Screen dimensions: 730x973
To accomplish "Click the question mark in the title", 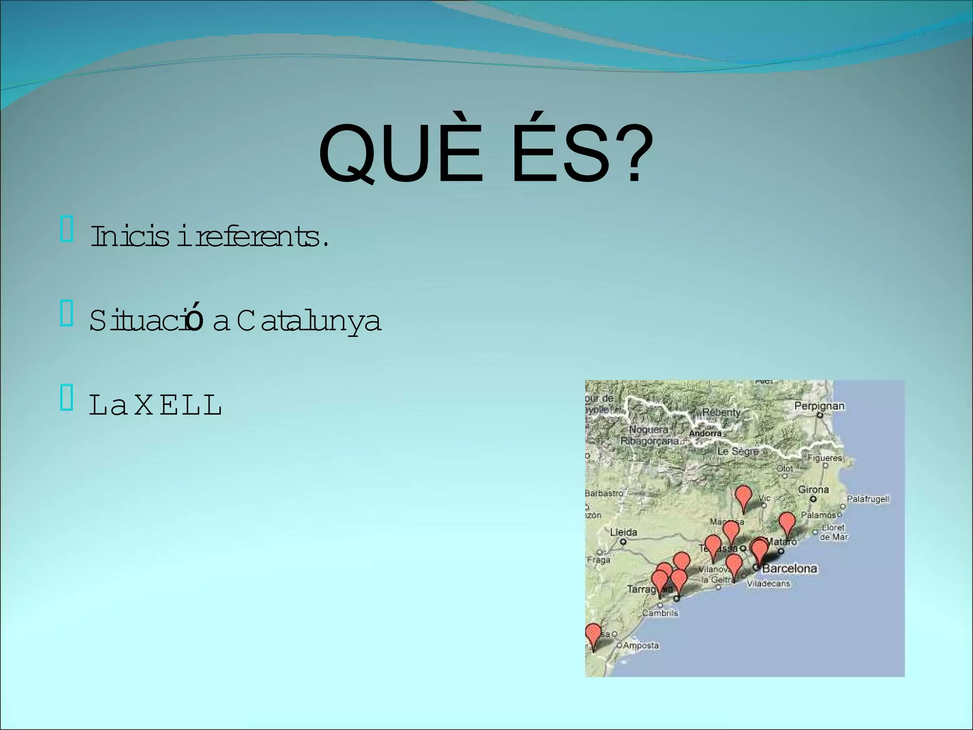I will [x=634, y=153].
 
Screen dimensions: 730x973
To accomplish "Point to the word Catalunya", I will [x=309, y=321].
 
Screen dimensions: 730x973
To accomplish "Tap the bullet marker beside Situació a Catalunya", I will [x=67, y=314].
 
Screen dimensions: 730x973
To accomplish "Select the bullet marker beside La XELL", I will [x=67, y=398].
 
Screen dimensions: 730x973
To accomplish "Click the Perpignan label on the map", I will [x=819, y=406].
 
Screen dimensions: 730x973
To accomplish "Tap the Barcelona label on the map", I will [x=790, y=568].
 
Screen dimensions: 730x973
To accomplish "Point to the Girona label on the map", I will [x=813, y=490].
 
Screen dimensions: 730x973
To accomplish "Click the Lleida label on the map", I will [x=623, y=532].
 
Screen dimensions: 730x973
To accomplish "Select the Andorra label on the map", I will [x=705, y=433].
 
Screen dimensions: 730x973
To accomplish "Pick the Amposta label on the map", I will [x=641, y=645].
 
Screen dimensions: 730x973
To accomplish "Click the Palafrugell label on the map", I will [x=868, y=499].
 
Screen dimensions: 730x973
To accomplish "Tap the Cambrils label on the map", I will [x=660, y=613].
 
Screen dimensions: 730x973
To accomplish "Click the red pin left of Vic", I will [x=743, y=497].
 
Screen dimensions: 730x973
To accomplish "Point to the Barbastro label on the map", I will [x=604, y=493].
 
